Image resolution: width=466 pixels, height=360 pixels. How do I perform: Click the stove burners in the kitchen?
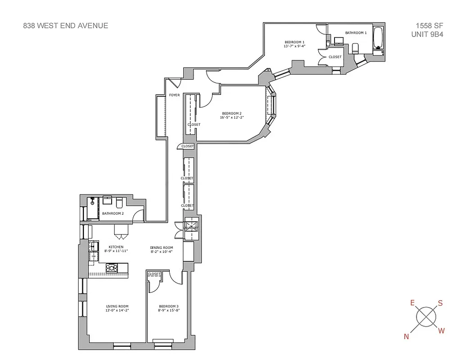point(112,268)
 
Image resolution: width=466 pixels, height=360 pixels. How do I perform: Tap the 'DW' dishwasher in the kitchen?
point(94,256)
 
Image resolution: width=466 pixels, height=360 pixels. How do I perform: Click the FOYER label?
point(174,95)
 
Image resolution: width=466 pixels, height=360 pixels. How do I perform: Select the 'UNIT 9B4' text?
point(427,34)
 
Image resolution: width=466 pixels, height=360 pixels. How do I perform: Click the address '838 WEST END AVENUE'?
point(66,26)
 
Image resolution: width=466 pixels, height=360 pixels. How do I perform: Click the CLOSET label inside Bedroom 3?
point(154,274)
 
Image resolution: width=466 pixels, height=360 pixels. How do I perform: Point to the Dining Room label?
point(161,247)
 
